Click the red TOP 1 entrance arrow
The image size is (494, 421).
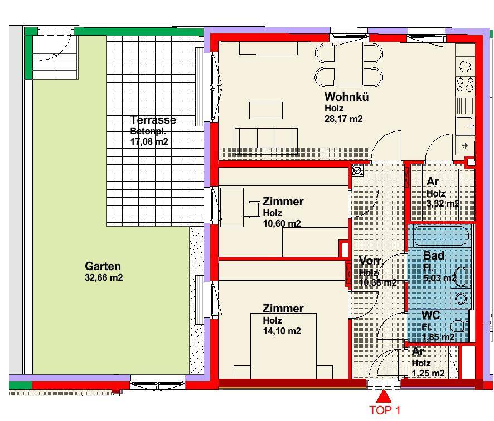384,396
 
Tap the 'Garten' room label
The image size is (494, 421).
103,266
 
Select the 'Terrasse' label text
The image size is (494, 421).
153,120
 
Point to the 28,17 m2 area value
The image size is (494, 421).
343,119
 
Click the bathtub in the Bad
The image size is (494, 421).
442,236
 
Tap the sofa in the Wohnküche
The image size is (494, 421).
266,141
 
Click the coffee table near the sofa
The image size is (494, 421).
266,110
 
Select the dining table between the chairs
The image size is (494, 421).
350,64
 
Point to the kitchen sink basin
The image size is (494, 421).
464,125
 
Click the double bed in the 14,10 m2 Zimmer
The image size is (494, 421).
284,345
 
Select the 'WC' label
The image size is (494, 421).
430,315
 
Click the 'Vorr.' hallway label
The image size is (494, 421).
371,261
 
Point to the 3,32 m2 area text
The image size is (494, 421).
443,204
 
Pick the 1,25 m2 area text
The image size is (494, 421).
428,374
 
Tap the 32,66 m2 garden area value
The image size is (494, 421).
104,278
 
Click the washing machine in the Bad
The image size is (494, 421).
461,298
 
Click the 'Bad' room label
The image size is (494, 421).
434,256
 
